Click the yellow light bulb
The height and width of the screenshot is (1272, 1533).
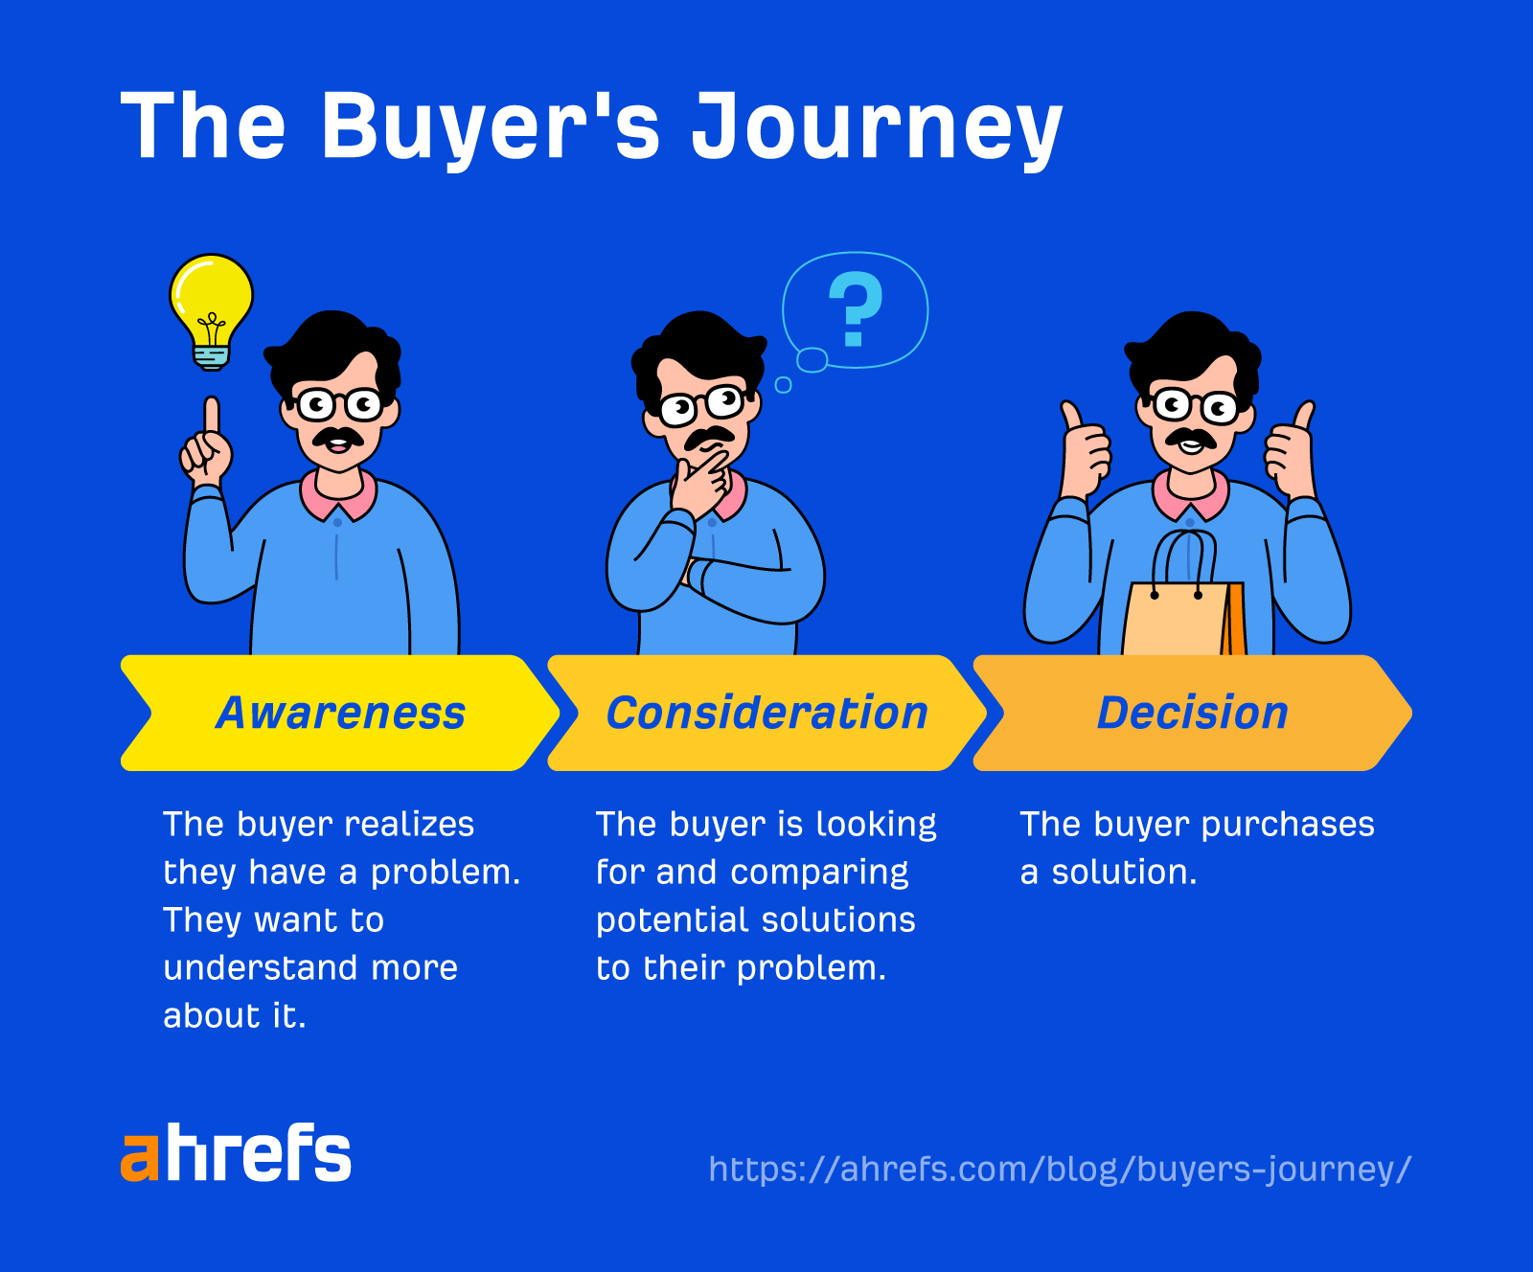pyautogui.click(x=212, y=305)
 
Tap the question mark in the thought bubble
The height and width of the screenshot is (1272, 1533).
pyautogui.click(x=855, y=308)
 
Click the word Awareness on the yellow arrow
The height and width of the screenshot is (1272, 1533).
pyautogui.click(x=340, y=714)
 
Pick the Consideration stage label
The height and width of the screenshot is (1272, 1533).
pyautogui.click(x=766, y=714)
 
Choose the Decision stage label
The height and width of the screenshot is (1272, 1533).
pyautogui.click(x=1192, y=714)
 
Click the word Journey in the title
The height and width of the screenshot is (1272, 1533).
pyautogui.click(x=876, y=127)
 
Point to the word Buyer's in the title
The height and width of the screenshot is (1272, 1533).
pyautogui.click(x=490, y=127)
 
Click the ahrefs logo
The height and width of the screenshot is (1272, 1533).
pyautogui.click(x=236, y=1153)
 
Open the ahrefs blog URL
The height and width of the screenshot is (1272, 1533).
pyautogui.click(x=1059, y=1170)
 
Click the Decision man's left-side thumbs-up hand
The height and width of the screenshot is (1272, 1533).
pyautogui.click(x=1084, y=450)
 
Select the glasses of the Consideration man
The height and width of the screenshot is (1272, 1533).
pyautogui.click(x=702, y=405)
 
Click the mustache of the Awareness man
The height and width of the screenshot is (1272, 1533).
pyautogui.click(x=337, y=439)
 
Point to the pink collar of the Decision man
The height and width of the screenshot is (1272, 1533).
pyautogui.click(x=1190, y=495)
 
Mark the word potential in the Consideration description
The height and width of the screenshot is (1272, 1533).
pyautogui.click(x=670, y=920)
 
